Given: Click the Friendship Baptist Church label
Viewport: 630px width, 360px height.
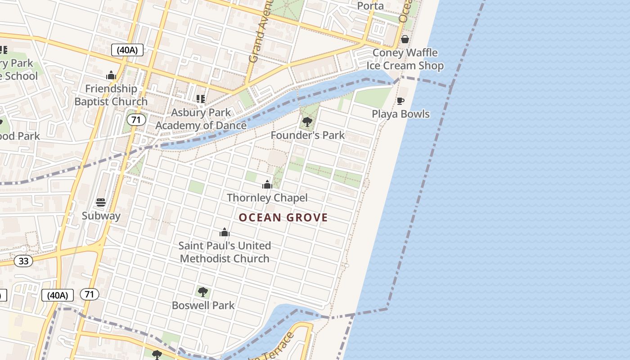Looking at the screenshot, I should [x=111, y=95].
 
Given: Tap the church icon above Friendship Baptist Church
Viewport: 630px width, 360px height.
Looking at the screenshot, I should [x=111, y=75].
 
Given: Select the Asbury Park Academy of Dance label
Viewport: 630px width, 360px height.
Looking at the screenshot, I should [x=201, y=119].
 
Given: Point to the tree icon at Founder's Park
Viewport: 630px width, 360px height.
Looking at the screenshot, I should [x=307, y=121].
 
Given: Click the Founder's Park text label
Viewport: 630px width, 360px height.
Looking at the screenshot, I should [x=308, y=135].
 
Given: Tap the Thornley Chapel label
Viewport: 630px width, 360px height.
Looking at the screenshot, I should [x=267, y=198].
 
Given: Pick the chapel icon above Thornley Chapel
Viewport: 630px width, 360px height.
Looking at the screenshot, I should [x=267, y=184].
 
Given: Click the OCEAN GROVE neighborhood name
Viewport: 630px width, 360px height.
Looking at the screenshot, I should [x=283, y=218].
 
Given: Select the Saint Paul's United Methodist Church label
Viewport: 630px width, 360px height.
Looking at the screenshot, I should [x=225, y=252].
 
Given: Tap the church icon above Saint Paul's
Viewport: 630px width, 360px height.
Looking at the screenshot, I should [x=225, y=232].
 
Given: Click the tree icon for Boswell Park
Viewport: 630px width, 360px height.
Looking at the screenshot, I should [x=203, y=292].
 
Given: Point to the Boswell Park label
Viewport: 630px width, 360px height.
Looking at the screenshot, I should [x=203, y=305].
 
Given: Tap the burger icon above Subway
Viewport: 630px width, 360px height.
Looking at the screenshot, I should [x=101, y=202].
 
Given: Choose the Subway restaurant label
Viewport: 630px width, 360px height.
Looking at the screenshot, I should [x=101, y=216].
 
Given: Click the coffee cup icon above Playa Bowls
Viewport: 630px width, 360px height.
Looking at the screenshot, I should [x=400, y=101].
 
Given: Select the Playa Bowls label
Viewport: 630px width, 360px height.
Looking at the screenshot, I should [x=400, y=114].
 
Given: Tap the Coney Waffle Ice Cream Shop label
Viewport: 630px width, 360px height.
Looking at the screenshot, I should [x=405, y=59].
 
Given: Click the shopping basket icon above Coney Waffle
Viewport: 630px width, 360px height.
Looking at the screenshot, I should [x=405, y=39].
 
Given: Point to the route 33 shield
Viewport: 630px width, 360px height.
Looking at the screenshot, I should [x=23, y=261].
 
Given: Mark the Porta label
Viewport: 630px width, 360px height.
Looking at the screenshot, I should [x=370, y=6].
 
